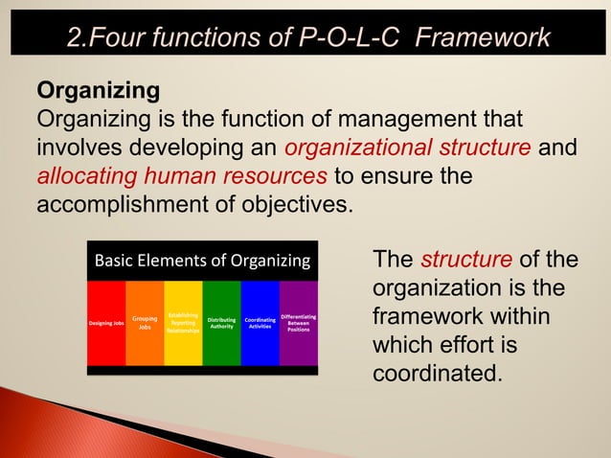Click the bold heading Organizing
click(98, 92)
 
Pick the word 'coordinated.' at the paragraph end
click(437, 372)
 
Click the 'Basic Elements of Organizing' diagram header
click(201, 261)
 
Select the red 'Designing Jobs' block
click(106, 324)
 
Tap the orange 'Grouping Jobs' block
click(145, 324)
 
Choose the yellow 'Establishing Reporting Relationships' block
click(183, 324)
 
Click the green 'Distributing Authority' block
click(221, 324)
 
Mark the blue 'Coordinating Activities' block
click(260, 324)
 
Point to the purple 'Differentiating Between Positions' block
click(298, 324)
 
